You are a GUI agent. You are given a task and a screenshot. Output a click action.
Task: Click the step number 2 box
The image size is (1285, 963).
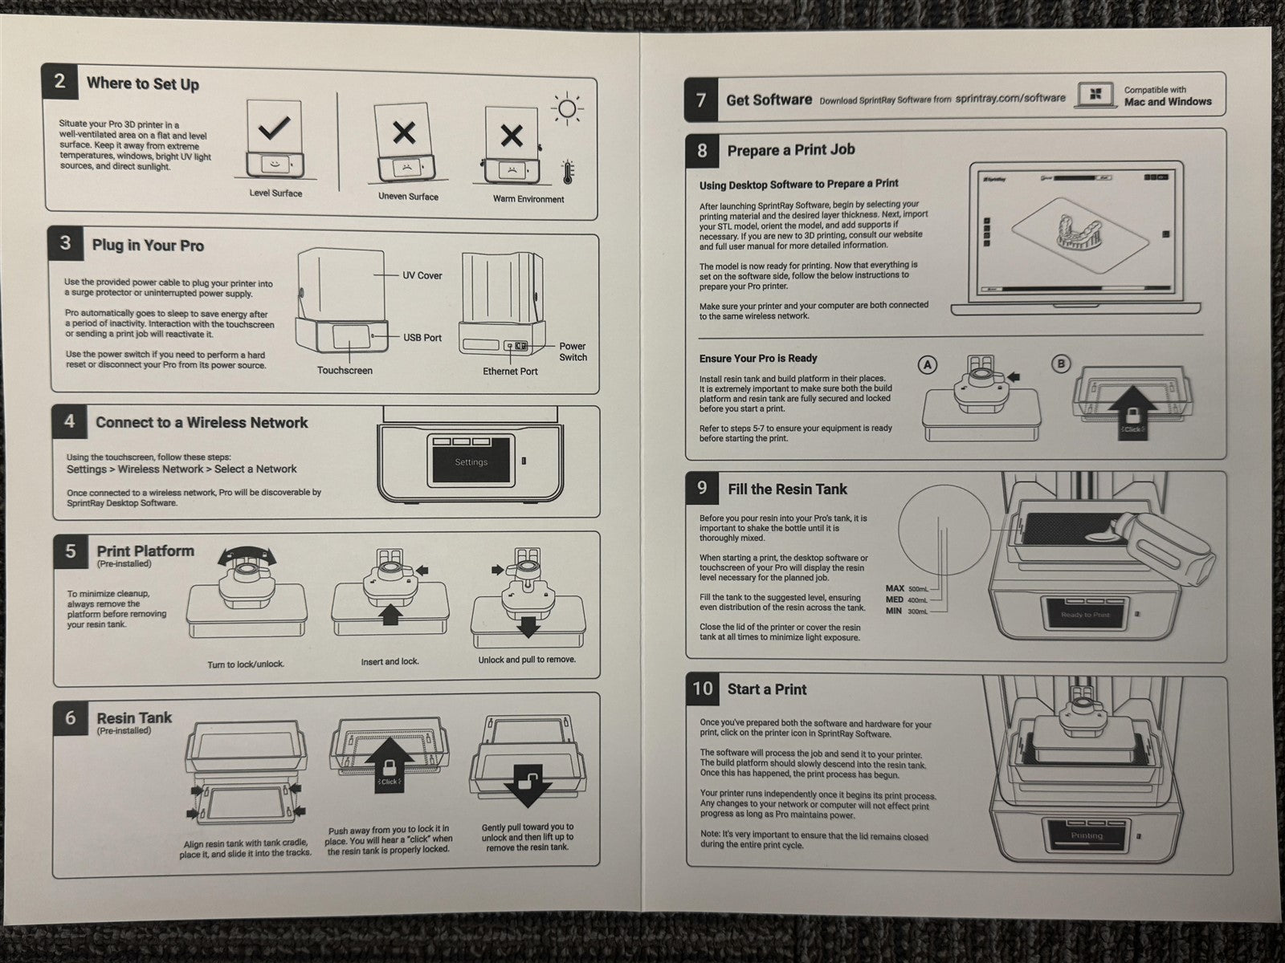tap(60, 82)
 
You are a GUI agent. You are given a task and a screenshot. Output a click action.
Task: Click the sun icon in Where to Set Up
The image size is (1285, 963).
tap(568, 109)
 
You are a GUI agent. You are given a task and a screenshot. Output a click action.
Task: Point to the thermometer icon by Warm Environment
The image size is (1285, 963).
tap(568, 172)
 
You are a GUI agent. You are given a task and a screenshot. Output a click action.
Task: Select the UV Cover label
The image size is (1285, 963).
tap(422, 275)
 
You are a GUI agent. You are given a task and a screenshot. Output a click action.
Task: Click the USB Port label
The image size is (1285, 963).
tap(422, 338)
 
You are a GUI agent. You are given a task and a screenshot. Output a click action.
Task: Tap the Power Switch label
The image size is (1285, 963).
tap(573, 351)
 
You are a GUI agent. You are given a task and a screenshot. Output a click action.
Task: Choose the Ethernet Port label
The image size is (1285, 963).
tap(510, 372)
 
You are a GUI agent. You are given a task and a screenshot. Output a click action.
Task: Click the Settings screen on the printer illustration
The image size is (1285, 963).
tap(471, 461)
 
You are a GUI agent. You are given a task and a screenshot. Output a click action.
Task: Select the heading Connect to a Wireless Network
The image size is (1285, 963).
tap(202, 423)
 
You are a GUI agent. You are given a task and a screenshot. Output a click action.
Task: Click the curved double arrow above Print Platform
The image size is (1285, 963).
tap(247, 555)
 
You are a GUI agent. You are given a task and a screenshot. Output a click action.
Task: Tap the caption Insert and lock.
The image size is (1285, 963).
tap(390, 662)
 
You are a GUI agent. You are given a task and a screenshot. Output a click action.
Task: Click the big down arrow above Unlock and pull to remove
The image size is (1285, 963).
tap(528, 624)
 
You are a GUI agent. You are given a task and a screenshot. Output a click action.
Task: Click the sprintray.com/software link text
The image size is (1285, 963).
tap(1010, 98)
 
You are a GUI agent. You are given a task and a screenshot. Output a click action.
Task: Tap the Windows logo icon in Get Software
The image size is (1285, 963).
tap(1093, 95)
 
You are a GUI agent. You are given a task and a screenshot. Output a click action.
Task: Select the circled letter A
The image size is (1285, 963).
tap(928, 364)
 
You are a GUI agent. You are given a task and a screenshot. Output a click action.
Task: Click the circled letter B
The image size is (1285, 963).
tap(1061, 364)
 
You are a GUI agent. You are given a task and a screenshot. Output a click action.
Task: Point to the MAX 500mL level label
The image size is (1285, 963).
tap(907, 589)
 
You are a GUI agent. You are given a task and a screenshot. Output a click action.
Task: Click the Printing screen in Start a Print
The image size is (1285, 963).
tap(1087, 835)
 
